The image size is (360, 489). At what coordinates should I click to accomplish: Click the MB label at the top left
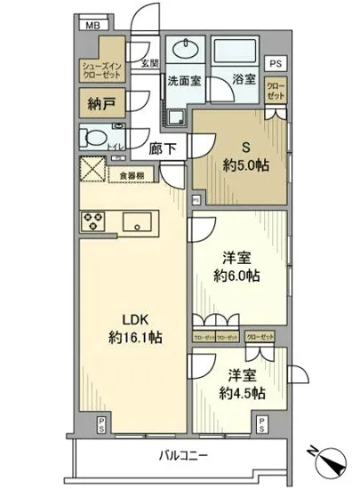92,24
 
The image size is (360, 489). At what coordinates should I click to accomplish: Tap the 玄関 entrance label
150,63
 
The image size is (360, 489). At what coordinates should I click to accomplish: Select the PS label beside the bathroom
276,63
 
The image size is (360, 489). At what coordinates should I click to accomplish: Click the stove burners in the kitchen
93,220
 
